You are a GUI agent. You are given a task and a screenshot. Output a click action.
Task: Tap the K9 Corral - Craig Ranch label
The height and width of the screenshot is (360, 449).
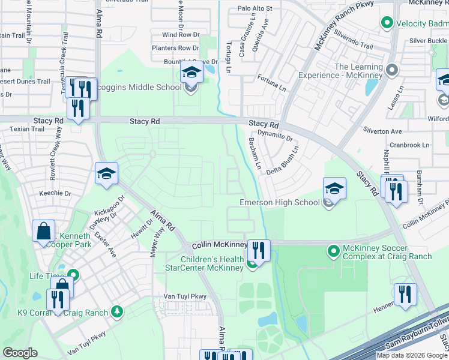pos(62,313)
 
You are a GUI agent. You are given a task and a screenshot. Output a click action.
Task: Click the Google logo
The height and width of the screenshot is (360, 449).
pos(20,353)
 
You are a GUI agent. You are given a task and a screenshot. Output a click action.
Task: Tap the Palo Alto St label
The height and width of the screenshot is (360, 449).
pos(255,8)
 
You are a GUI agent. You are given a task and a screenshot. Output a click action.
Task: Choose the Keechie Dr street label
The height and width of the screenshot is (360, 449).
pos(55,194)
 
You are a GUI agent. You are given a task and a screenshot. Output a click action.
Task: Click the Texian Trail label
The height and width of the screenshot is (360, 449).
pos(26,129)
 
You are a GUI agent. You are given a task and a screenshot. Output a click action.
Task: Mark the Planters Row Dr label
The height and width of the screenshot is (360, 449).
pos(175,48)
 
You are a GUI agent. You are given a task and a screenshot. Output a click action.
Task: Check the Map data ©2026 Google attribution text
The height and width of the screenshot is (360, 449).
pos(412,355)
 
